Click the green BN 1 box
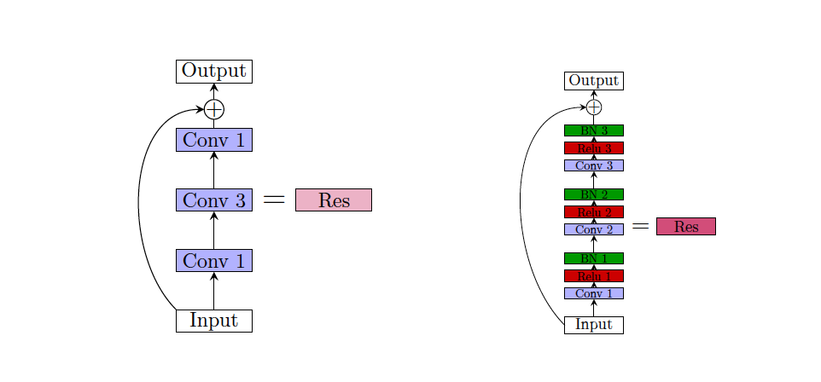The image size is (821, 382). pyautogui.click(x=593, y=258)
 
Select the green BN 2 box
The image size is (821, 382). pyautogui.click(x=593, y=194)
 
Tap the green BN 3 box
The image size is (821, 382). pyautogui.click(x=593, y=130)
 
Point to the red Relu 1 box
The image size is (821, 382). pyautogui.click(x=593, y=275)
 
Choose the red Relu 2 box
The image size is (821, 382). pyautogui.click(x=593, y=211)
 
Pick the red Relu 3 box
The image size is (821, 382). pyautogui.click(x=593, y=148)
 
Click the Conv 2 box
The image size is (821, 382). pyautogui.click(x=593, y=229)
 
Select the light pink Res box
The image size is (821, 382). pyautogui.click(x=333, y=200)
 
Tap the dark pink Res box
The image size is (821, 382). pyautogui.click(x=685, y=226)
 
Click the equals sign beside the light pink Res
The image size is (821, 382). pyautogui.click(x=273, y=200)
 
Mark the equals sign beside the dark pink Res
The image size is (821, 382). pyautogui.click(x=640, y=226)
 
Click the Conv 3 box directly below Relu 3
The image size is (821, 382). pyautogui.click(x=593, y=165)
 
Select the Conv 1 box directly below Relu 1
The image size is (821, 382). pyautogui.click(x=593, y=293)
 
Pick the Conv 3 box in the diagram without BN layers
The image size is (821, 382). pyautogui.click(x=213, y=200)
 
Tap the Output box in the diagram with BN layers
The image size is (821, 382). pyautogui.click(x=593, y=81)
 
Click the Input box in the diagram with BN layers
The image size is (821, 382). pyautogui.click(x=593, y=325)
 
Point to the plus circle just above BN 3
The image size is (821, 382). pyautogui.click(x=594, y=107)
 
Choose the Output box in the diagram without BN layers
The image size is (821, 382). pyautogui.click(x=213, y=72)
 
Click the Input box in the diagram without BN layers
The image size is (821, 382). pyautogui.click(x=213, y=321)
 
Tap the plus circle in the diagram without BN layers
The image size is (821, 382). pyautogui.click(x=213, y=109)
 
